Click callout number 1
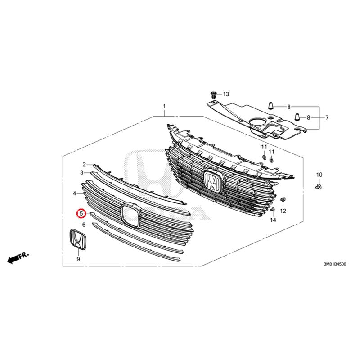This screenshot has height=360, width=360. (x=165, y=107)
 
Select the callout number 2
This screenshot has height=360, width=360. (x=84, y=165)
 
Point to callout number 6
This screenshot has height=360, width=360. (x=84, y=224)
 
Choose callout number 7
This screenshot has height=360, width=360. (x=327, y=117)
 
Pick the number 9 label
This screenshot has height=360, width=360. (x=78, y=260)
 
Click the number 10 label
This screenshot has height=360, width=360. (x=319, y=175)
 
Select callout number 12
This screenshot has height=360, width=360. (x=283, y=211)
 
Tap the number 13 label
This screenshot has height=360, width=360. (x=225, y=94)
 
